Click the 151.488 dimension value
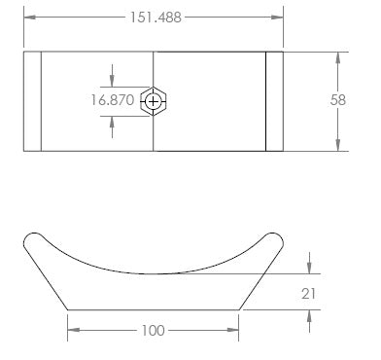pyautogui.click(x=156, y=18)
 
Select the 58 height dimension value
pyautogui.click(x=338, y=100)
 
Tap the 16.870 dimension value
pyautogui.click(x=112, y=100)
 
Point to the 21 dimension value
pyautogui.click(x=308, y=294)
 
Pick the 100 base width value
pyautogui.click(x=154, y=331)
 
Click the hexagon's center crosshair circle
pyautogui.click(x=153, y=102)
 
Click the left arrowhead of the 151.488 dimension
pyautogui.click(x=30, y=18)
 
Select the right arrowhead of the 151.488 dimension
pyautogui.click(x=277, y=18)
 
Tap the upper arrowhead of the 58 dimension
pyautogui.click(x=338, y=57)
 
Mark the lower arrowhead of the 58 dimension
pyautogui.click(x=338, y=145)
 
